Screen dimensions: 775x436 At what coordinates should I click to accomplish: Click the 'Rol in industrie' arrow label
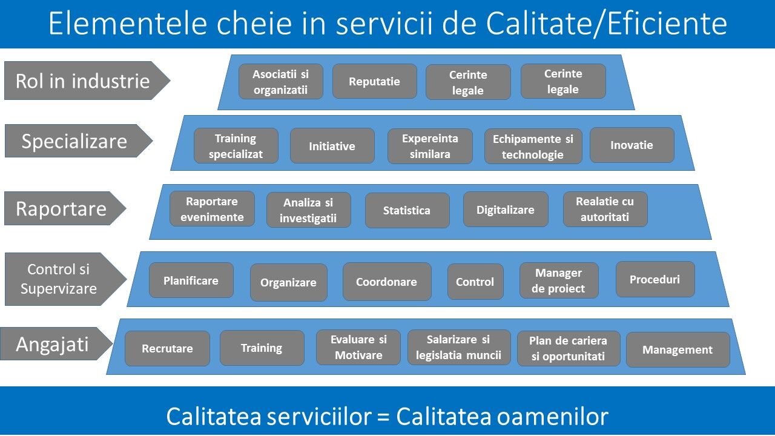click(x=87, y=81)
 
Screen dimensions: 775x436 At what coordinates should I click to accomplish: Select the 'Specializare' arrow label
click(x=79, y=141)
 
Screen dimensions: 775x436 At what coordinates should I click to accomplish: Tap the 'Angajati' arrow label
click(x=56, y=344)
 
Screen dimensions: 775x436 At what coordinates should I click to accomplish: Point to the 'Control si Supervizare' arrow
click(x=65, y=279)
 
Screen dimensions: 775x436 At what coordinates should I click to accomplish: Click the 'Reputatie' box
click(x=375, y=81)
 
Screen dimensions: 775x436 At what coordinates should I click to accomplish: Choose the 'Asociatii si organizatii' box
click(x=280, y=82)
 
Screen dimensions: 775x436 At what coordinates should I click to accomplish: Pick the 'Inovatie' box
click(x=632, y=145)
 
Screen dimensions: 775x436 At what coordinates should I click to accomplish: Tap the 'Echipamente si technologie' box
click(x=533, y=147)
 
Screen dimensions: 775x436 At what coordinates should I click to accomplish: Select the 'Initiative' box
click(x=332, y=146)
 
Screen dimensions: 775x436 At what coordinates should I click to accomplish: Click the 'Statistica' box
click(x=407, y=210)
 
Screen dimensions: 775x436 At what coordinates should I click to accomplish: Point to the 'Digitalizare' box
click(x=506, y=210)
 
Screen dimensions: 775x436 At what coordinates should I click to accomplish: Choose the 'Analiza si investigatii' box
click(x=308, y=210)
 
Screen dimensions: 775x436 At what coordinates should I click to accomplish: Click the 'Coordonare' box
click(x=387, y=282)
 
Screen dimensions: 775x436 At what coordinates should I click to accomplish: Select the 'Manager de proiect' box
click(x=559, y=280)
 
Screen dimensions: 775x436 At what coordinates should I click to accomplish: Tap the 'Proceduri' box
click(x=655, y=279)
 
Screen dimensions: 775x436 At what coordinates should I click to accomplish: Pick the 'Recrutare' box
click(x=167, y=348)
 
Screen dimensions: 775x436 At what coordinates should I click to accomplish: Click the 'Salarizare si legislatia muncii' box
click(x=459, y=348)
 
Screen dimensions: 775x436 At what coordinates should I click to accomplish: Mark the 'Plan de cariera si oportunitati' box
click(x=569, y=348)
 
